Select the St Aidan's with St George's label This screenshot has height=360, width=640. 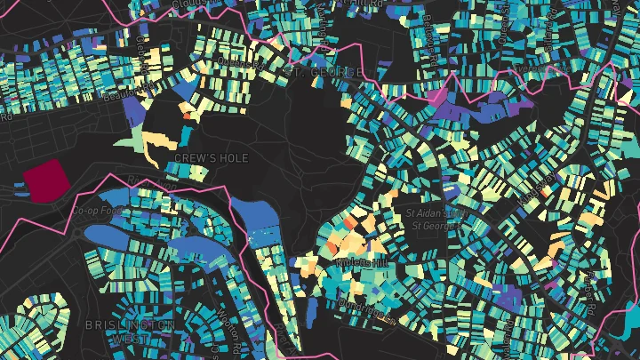click(436, 219)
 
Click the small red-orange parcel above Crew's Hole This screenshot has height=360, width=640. click(186, 116)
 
